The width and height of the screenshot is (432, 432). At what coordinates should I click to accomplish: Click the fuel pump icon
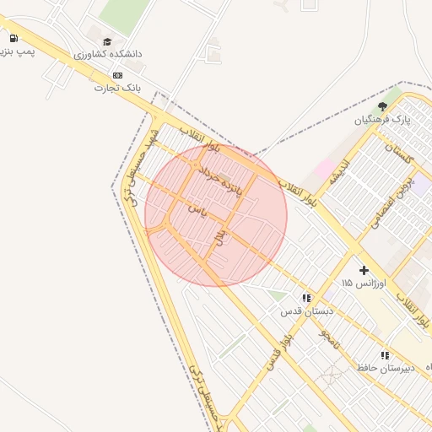pos(13,38)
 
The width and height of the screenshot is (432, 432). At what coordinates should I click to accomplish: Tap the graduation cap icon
pos(107,41)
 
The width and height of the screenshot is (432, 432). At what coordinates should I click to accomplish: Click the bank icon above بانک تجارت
pos(116,75)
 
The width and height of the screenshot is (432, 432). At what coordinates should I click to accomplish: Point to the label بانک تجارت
pos(116,87)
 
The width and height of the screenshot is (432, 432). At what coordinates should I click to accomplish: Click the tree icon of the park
pos(382,106)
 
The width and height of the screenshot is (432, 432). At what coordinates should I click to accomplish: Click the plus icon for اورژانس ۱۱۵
pos(364,270)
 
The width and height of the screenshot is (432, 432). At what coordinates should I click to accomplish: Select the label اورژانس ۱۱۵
pos(364,283)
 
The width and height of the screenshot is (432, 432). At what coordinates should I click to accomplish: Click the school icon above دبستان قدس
pos(306,298)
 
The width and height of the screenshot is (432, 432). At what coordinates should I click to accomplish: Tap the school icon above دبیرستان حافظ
pos(385,355)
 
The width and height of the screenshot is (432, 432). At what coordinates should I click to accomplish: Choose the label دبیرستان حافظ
pos(386,368)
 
